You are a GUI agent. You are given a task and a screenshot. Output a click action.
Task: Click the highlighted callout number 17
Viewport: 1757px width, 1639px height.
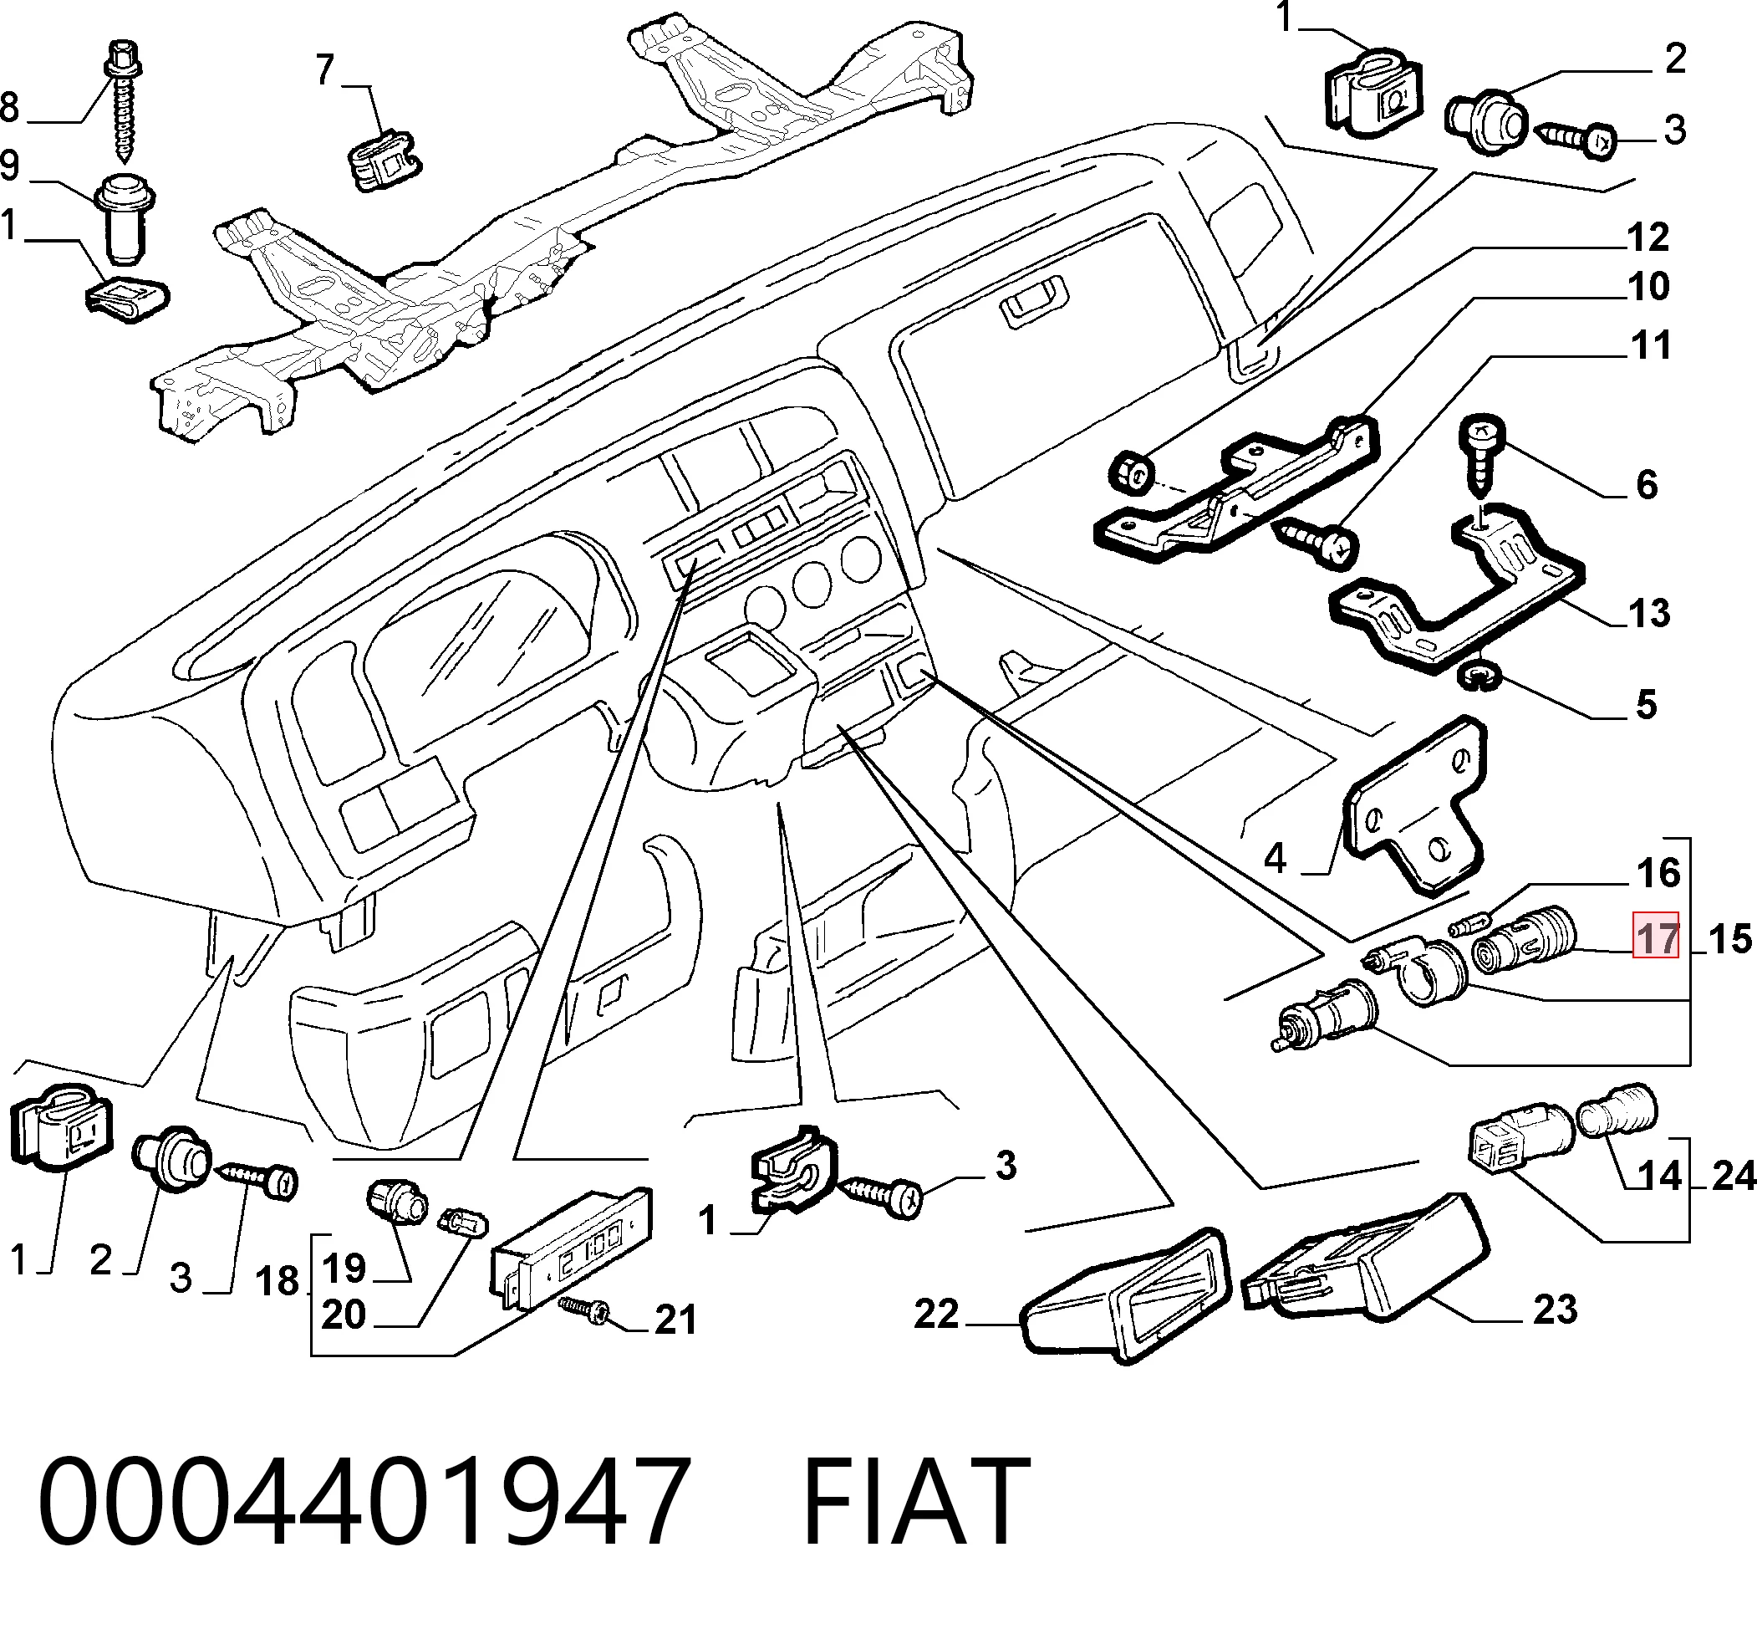click(x=1655, y=935)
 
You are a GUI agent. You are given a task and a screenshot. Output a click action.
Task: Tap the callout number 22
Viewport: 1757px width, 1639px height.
click(x=937, y=1314)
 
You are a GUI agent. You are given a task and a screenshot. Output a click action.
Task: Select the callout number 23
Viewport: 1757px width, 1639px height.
click(x=1555, y=1310)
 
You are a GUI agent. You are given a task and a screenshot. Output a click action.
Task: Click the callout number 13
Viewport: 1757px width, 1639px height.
click(x=1648, y=613)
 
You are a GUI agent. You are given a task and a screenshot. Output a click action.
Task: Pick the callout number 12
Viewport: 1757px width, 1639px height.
click(x=1648, y=237)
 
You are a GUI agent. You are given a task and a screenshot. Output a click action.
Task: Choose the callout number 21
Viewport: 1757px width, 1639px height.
click(x=676, y=1320)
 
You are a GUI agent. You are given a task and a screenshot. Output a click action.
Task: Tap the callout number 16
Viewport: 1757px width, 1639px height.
click(x=1658, y=873)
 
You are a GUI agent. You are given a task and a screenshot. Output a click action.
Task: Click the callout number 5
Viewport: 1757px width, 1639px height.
click(x=1646, y=705)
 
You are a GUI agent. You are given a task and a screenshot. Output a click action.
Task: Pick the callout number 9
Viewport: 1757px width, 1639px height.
click(x=10, y=166)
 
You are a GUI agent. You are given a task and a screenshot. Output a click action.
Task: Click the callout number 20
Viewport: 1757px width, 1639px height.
click(x=344, y=1315)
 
